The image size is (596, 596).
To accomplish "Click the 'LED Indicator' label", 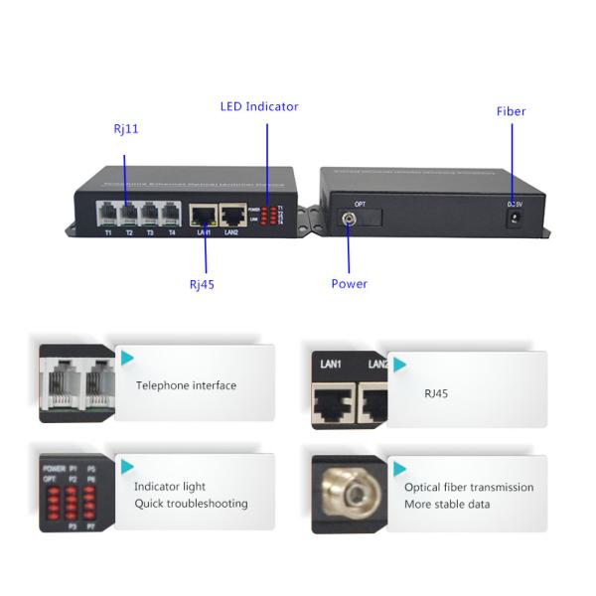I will tap(258, 106).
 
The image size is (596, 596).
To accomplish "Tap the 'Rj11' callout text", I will tap(125, 129).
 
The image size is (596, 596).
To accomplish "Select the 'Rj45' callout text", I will tap(202, 284).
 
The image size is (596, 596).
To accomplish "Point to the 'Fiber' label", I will tap(511, 112).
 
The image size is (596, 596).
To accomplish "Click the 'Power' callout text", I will tap(349, 284).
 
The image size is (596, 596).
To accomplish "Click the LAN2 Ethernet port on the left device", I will tap(232, 214).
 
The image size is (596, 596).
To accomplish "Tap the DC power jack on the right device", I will tap(515, 219).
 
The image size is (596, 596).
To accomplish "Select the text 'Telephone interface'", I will tap(186, 385).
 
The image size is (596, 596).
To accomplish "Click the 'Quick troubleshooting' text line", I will tap(191, 504).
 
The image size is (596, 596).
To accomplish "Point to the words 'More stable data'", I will tap(447, 504).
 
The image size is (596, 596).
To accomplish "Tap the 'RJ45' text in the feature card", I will tap(436, 393).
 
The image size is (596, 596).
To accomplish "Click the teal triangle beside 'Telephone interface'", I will tap(123, 357).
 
